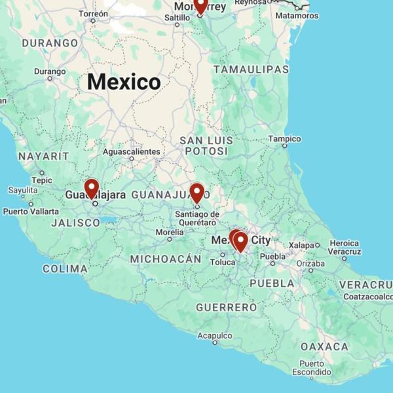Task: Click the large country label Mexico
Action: point(124,82)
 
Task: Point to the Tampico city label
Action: point(284,139)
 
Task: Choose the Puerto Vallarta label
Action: point(31,212)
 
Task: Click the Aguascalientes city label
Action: point(131,152)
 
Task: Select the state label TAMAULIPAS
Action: point(251,69)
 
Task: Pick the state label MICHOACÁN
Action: point(165,259)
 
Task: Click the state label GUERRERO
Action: point(226,307)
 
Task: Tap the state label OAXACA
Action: point(324,346)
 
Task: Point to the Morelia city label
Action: point(170,233)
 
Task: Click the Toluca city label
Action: point(223,262)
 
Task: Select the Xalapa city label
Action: point(302,245)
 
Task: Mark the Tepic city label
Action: point(42,180)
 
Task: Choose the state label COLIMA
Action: point(65,269)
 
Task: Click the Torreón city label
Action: point(94,14)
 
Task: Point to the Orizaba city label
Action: point(310,263)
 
